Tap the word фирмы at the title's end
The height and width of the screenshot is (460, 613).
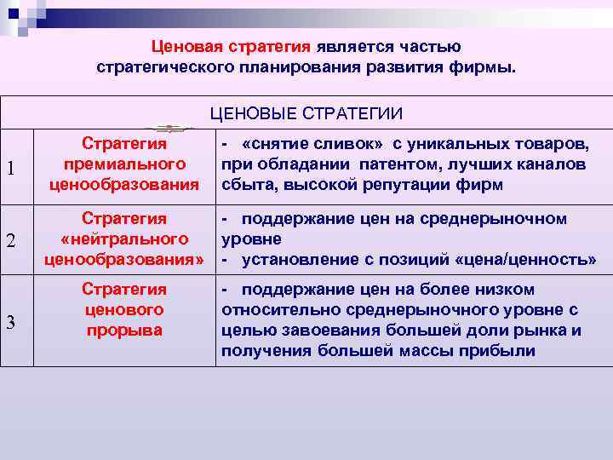pyautogui.click(x=489, y=66)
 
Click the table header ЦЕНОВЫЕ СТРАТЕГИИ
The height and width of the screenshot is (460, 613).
pyautogui.click(x=306, y=114)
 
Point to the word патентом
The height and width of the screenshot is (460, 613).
pyautogui.click(x=393, y=164)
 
